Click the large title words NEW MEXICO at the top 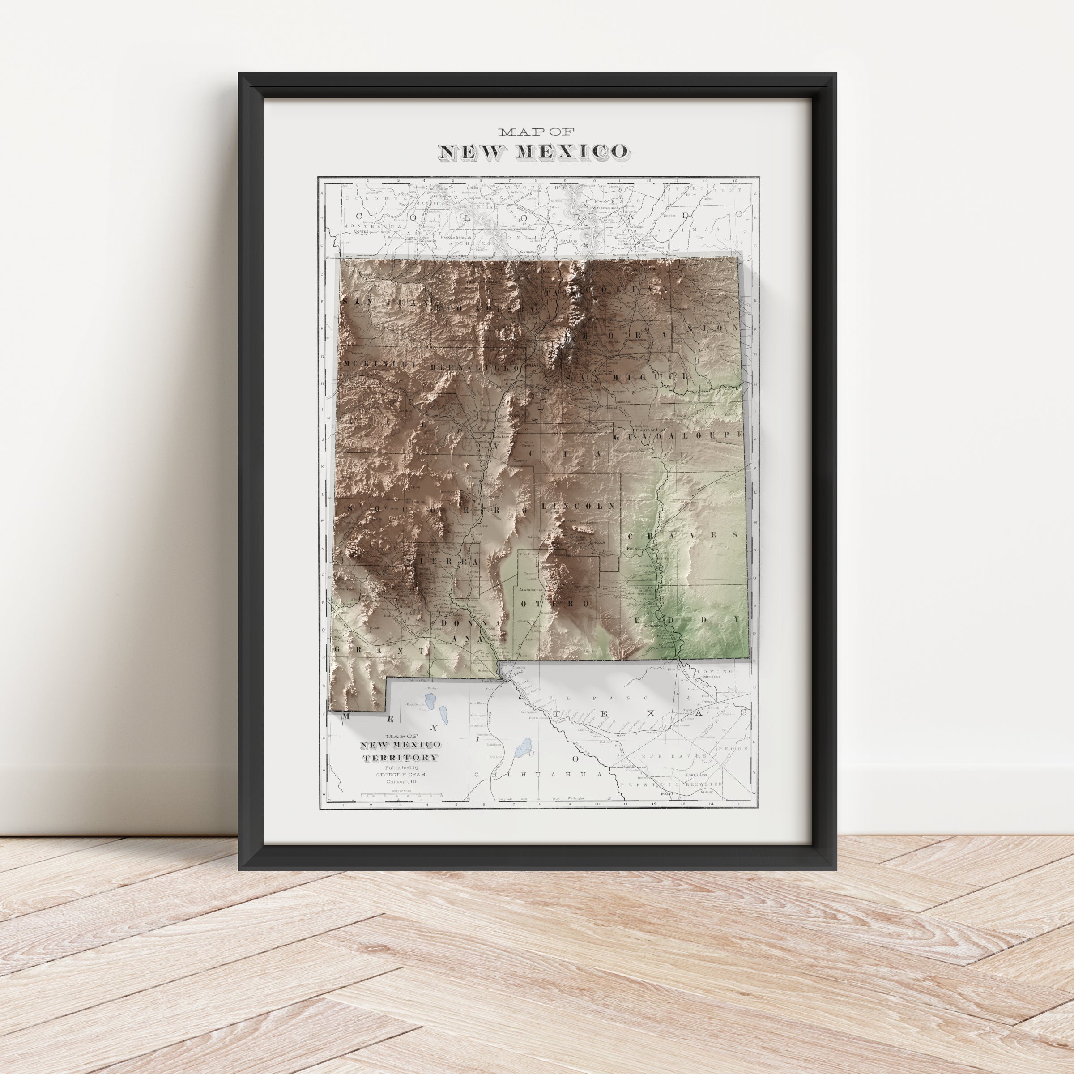coord(534,151)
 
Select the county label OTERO coord(554,603)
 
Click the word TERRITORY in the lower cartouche coord(400,758)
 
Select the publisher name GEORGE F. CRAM coord(401,774)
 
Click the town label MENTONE coord(712,677)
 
